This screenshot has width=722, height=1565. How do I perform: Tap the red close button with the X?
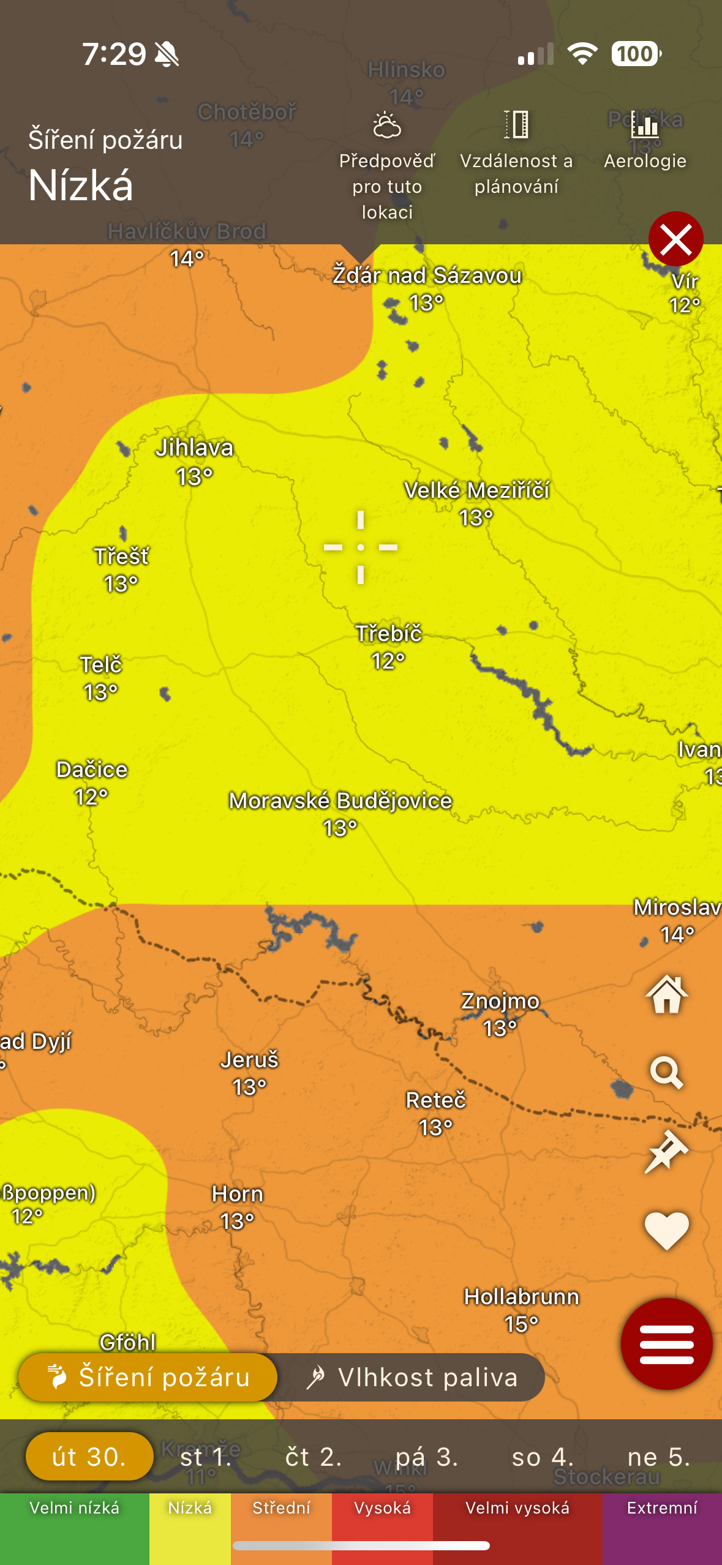[x=675, y=239]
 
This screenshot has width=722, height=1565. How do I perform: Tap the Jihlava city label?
[x=194, y=448]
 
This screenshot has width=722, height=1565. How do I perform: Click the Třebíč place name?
[x=389, y=634]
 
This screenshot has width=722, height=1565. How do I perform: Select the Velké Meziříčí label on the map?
[x=476, y=490]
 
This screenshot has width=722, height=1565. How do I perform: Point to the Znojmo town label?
[x=500, y=1001]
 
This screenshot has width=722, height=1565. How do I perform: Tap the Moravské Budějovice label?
[x=340, y=801]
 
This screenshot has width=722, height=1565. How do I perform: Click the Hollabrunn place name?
[x=521, y=1296]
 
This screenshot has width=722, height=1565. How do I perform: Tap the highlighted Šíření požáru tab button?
[x=148, y=1378]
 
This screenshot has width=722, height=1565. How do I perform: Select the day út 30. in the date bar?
[x=89, y=1457]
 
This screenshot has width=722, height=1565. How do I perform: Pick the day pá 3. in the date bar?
[x=427, y=1457]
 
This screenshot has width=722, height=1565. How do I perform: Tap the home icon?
[x=666, y=994]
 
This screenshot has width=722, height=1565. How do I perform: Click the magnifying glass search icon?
[x=666, y=1072]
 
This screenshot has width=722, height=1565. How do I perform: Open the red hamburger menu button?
[x=666, y=1344]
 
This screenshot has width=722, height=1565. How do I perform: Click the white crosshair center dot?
[x=361, y=547]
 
